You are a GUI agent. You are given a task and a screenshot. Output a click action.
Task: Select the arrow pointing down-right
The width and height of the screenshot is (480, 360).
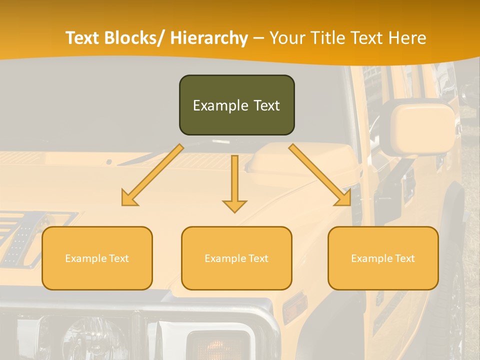[x=320, y=175]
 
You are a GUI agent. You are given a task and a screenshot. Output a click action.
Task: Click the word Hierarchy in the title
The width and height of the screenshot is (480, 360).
[x=208, y=38]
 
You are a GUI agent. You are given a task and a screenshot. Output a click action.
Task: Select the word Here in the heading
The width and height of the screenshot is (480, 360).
[x=406, y=38]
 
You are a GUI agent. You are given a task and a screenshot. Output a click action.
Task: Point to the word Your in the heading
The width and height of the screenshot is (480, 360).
[x=286, y=38]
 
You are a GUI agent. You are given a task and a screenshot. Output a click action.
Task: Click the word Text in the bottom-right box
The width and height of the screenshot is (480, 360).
[x=404, y=258]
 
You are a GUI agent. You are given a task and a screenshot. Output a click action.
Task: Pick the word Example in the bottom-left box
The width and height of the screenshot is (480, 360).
[x=85, y=258]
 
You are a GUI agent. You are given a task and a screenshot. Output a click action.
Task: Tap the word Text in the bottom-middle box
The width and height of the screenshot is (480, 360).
[x=258, y=258]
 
